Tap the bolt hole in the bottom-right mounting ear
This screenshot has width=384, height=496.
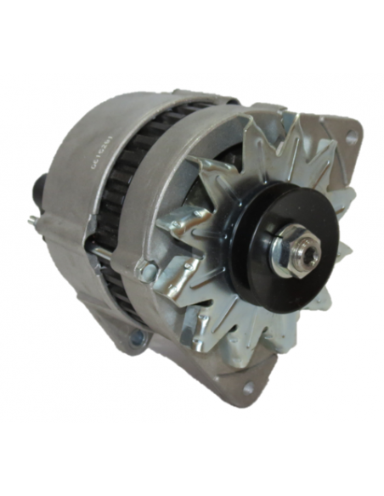coord(249,389)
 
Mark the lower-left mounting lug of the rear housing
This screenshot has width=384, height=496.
coord(127,335)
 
